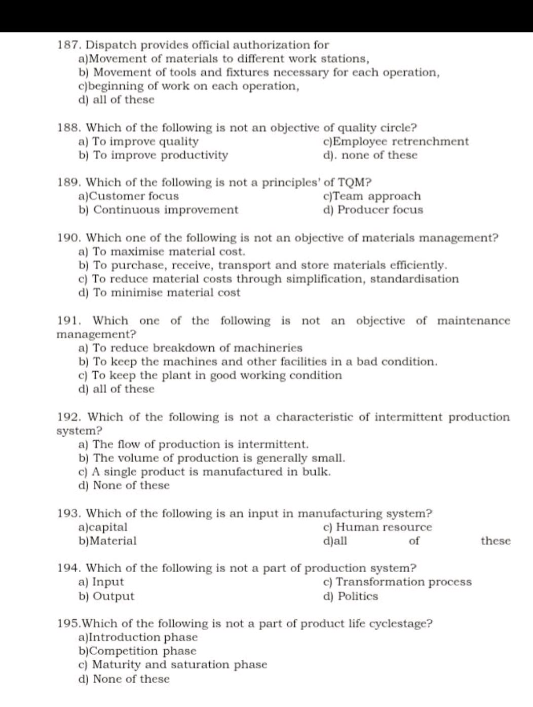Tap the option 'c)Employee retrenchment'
tap(396, 142)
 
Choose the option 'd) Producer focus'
tap(372, 210)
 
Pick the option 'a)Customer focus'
tap(129, 196)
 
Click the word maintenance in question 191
tap(474, 321)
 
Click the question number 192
tap(69, 417)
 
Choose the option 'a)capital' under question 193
tap(103, 527)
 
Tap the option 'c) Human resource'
tap(377, 527)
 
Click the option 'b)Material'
tap(107, 541)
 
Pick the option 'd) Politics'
tap(350, 596)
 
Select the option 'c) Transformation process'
tap(397, 582)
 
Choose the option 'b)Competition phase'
tap(137, 651)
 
